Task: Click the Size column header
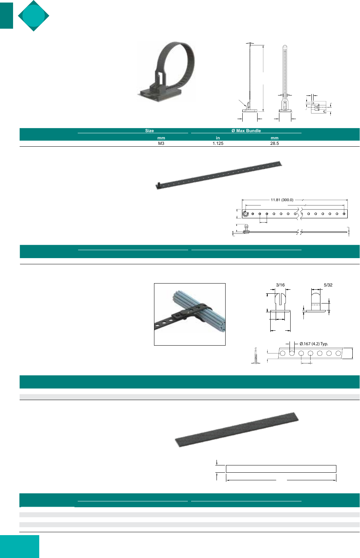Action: [149, 131]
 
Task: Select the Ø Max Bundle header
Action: [246, 131]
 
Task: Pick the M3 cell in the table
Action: [161, 143]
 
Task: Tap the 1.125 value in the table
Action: [218, 143]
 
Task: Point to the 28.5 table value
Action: [275, 143]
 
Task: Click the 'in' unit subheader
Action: [218, 138]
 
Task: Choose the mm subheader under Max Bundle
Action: [275, 138]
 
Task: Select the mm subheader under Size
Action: [161, 138]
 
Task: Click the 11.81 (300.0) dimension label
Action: [282, 200]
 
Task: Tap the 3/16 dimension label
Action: [280, 285]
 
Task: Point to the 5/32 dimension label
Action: [328, 285]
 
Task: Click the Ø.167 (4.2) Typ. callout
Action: [314, 344]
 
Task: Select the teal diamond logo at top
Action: [34, 16]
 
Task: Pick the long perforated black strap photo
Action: [219, 175]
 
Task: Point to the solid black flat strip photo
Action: [236, 429]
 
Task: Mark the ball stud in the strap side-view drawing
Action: [246, 228]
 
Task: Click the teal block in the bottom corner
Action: [20, 546]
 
